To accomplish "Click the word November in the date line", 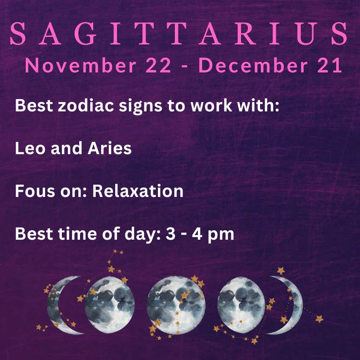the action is pos(80,65).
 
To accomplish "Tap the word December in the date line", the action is pos(253,65).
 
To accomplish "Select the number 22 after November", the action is pos(158,65).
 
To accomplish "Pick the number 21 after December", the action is pos(330,65).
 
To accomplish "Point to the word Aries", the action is pos(110,148).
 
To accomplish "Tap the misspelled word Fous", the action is pos(35,191).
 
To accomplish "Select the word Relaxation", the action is pos(138,191).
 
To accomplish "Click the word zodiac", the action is pos(86,105).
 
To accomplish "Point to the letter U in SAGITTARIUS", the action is pos(307,34).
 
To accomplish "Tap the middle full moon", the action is pos(176,305).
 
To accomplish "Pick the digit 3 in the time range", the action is pos(170,234).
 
